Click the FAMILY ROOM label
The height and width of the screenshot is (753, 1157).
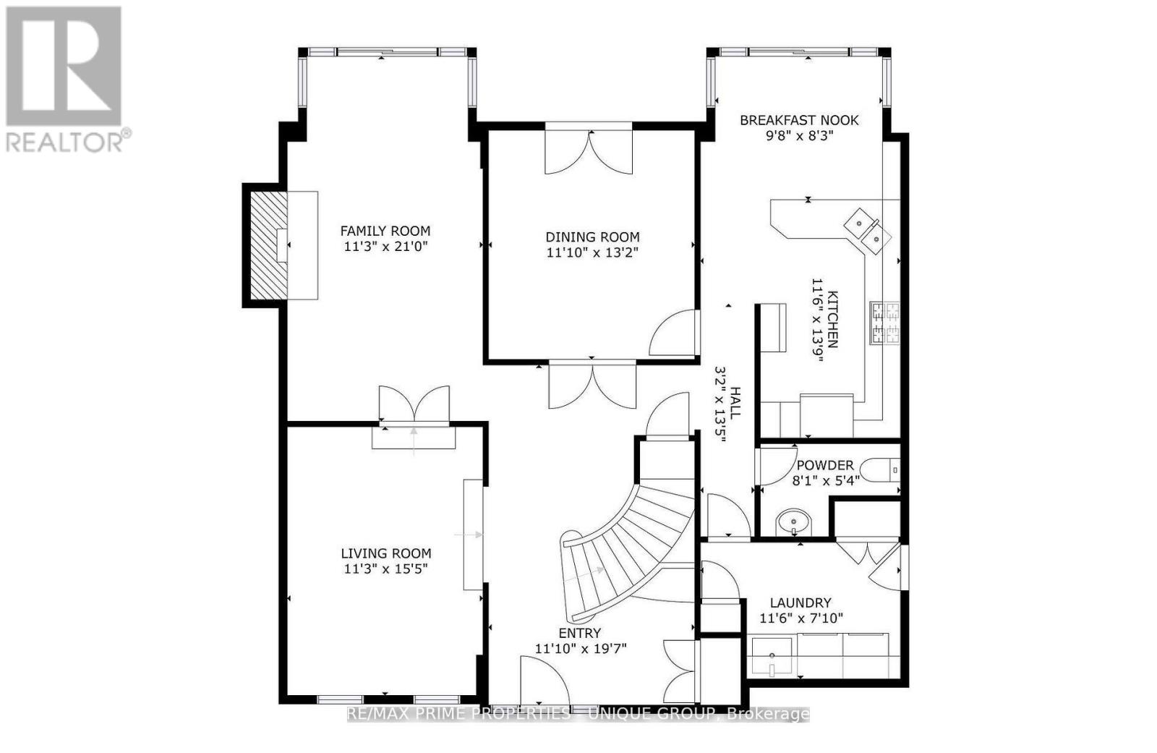tap(385, 231)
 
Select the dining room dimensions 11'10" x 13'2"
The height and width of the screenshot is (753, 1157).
tap(592, 252)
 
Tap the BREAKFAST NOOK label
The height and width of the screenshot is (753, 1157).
tap(798, 120)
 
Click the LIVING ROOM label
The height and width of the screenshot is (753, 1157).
tap(385, 553)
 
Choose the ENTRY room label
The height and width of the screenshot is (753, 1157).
tap(579, 633)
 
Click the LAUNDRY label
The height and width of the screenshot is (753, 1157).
tap(800, 603)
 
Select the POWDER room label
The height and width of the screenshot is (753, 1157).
tap(824, 465)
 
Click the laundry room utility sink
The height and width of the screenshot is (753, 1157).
tap(772, 656)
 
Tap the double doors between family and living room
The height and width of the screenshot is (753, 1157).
tap(414, 405)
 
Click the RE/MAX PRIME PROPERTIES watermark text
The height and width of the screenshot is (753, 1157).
tap(578, 715)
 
